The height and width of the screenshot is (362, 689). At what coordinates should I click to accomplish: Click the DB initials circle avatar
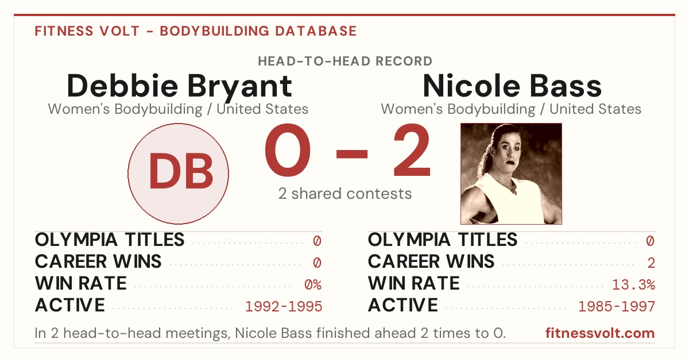(179, 174)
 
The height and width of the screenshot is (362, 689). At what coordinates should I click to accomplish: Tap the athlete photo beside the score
(511, 174)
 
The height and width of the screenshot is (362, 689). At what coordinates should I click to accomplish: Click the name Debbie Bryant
(179, 86)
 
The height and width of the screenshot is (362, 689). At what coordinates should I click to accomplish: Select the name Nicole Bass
(512, 86)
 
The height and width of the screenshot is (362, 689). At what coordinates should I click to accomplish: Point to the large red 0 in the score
(288, 149)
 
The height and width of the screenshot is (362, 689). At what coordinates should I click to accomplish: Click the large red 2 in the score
(412, 149)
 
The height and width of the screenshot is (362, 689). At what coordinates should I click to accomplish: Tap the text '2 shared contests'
(345, 194)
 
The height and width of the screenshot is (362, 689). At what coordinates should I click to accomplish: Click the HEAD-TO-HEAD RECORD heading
(345, 61)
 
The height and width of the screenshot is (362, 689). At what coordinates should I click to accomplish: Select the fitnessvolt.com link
(600, 333)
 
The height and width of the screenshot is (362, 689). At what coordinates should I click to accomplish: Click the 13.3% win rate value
(634, 284)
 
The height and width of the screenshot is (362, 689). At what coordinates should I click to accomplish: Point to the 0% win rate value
(313, 284)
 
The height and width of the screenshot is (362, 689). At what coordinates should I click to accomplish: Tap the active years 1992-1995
(284, 306)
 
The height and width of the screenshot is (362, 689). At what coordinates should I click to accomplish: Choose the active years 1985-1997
(617, 306)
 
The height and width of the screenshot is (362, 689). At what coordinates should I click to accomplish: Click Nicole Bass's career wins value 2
(651, 263)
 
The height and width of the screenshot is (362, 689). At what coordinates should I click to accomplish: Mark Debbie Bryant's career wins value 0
(317, 263)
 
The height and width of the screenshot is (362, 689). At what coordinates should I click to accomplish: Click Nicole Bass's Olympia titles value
(650, 241)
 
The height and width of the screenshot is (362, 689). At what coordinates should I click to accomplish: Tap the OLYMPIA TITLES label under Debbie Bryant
(110, 240)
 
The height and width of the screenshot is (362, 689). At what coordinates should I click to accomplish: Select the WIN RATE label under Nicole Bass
(414, 283)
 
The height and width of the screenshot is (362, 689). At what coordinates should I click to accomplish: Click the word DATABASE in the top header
(316, 31)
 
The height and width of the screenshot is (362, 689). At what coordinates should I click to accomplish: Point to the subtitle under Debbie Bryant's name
(178, 109)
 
